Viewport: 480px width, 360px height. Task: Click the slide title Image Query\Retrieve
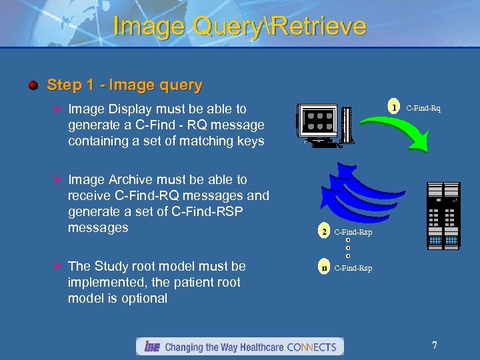[240, 26]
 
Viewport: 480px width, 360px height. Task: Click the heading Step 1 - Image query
[125, 85]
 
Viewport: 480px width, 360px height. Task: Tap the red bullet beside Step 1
[33, 85]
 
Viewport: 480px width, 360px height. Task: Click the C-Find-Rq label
[423, 108]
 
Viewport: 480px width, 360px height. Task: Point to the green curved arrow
[400, 140]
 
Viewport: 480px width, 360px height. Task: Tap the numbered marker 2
[324, 232]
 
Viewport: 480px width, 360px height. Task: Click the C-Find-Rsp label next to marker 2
[353, 232]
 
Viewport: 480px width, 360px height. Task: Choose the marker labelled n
[324, 268]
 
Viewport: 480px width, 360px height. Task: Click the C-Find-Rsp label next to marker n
[353, 268]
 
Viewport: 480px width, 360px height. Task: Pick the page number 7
[435, 345]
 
